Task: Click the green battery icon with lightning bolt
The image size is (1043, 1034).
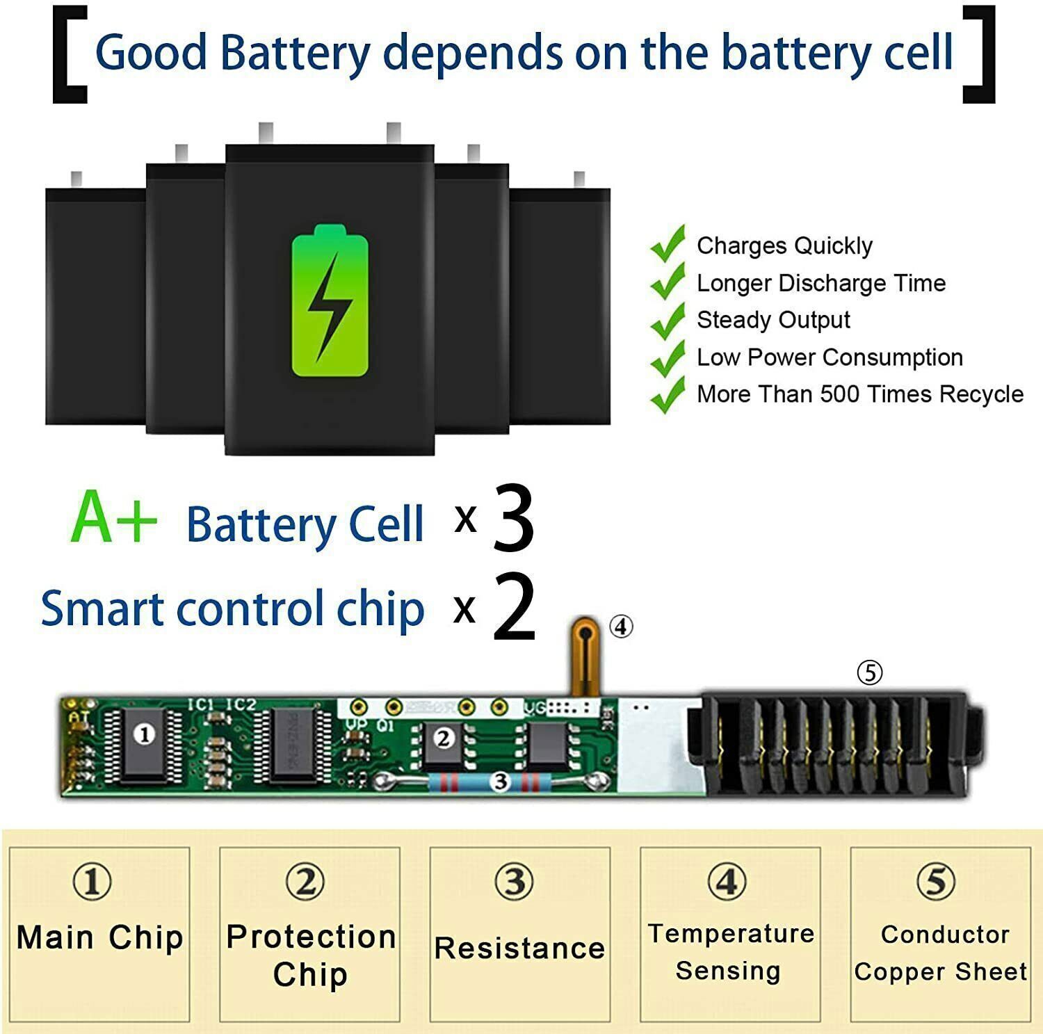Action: pyautogui.click(x=330, y=301)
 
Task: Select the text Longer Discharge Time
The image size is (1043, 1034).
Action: pyautogui.click(x=820, y=283)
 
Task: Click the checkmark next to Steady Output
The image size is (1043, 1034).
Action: pyautogui.click(x=668, y=319)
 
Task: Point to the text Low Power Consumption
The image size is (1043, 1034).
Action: pyautogui.click(x=830, y=357)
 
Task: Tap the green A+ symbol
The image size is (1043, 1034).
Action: pyautogui.click(x=114, y=518)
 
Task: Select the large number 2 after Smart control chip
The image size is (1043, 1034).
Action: pyautogui.click(x=514, y=607)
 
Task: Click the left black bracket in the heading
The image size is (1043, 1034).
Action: pyautogui.click(x=70, y=54)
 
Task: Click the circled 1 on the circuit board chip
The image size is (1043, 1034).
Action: pyautogui.click(x=145, y=734)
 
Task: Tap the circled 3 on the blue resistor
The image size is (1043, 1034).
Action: pyautogui.click(x=500, y=782)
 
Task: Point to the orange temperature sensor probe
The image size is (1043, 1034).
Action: pyautogui.click(x=585, y=654)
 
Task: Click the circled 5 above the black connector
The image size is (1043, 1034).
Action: pyautogui.click(x=870, y=672)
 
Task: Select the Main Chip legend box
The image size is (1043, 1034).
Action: pyautogui.click(x=99, y=934)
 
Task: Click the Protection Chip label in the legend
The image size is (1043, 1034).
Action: pyautogui.click(x=311, y=955)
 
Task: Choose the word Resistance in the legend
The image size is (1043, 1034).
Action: pyautogui.click(x=519, y=948)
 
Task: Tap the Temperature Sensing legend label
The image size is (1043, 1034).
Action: pyautogui.click(x=730, y=952)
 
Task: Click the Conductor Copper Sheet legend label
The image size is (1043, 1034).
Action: pyautogui.click(x=941, y=953)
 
